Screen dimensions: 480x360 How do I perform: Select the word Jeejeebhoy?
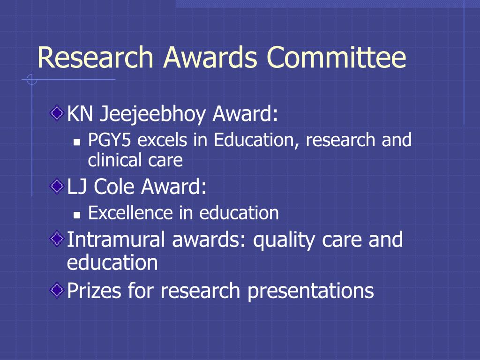[153, 114]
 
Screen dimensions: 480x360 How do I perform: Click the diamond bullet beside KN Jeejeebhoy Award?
[57, 113]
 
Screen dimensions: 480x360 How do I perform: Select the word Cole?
[114, 186]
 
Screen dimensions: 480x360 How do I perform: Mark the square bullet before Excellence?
[77, 215]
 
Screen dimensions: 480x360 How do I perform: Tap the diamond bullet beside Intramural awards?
[57, 239]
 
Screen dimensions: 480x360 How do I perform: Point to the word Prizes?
[94, 290]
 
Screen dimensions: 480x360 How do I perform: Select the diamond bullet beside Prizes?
[57, 289]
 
